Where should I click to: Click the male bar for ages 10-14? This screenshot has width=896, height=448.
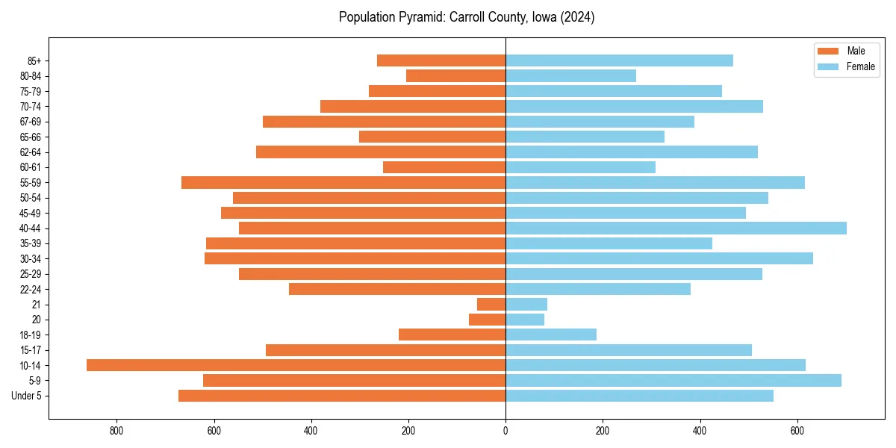(x=296, y=365)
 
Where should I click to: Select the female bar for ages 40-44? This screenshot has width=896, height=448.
(x=676, y=228)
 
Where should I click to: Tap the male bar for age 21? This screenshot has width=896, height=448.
(x=491, y=304)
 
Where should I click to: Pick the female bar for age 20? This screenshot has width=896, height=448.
(x=525, y=320)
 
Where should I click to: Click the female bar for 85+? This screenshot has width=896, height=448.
(x=619, y=60)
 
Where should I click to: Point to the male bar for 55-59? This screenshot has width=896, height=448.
(x=343, y=182)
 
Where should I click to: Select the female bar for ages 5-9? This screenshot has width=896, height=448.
(x=673, y=380)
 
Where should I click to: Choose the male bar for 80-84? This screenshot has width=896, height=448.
(x=455, y=75)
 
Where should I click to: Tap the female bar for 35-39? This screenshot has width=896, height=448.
(x=609, y=243)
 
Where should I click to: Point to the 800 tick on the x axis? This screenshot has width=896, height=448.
(x=116, y=431)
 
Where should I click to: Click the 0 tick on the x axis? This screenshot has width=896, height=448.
(x=505, y=431)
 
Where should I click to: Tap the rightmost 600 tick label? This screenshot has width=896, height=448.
(x=797, y=431)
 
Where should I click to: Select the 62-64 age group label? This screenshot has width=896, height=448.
(x=31, y=152)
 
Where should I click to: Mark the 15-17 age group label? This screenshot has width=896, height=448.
(x=31, y=350)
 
